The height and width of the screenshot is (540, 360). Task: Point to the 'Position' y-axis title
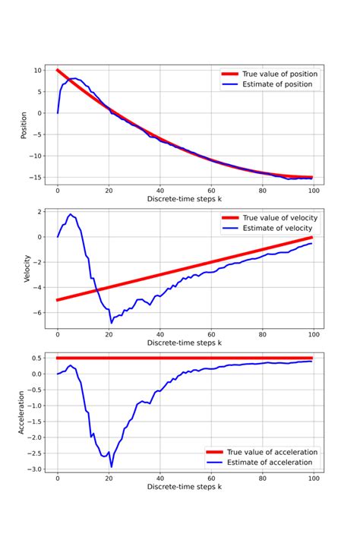tap(25, 124)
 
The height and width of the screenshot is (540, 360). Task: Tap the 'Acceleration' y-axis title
tap(25, 412)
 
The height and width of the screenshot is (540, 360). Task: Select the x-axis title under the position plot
tap(185, 199)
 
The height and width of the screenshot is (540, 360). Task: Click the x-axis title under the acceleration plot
tap(185, 487)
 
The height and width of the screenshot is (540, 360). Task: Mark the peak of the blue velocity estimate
tap(70, 214)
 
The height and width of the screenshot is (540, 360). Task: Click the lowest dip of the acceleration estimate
tap(111, 467)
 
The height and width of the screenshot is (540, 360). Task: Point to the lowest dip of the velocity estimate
tap(111, 323)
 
